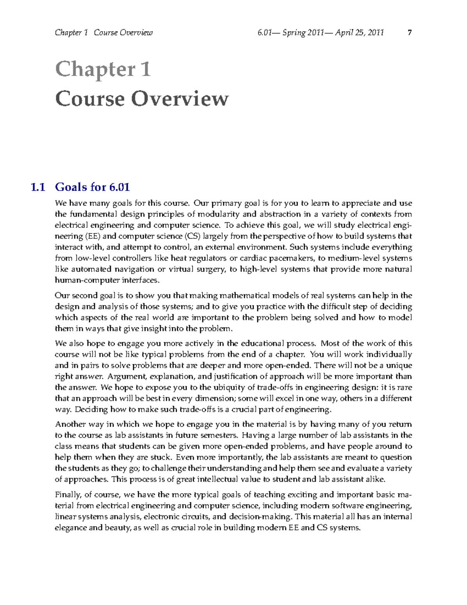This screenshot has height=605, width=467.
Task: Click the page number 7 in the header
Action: pyautogui.click(x=409, y=33)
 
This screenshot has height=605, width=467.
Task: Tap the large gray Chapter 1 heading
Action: pyautogui.click(x=103, y=70)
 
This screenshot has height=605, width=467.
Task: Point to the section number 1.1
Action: pyautogui.click(x=38, y=187)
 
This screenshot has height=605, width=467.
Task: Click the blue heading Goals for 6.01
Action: pyautogui.click(x=92, y=187)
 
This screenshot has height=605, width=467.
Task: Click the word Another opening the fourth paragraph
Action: pyautogui.click(x=70, y=424)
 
